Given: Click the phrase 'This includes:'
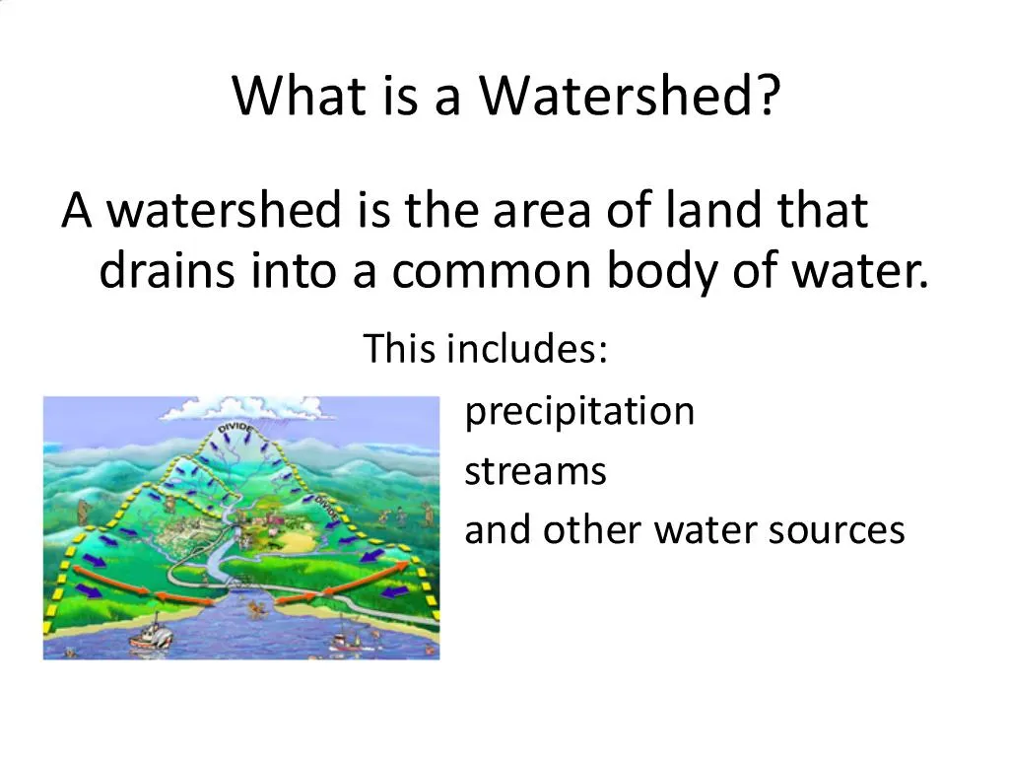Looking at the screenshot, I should click(485, 348).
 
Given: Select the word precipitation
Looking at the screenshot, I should click(579, 411).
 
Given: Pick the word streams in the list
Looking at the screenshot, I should click(535, 471).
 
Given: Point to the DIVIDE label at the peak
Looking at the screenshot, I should click(235, 431).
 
